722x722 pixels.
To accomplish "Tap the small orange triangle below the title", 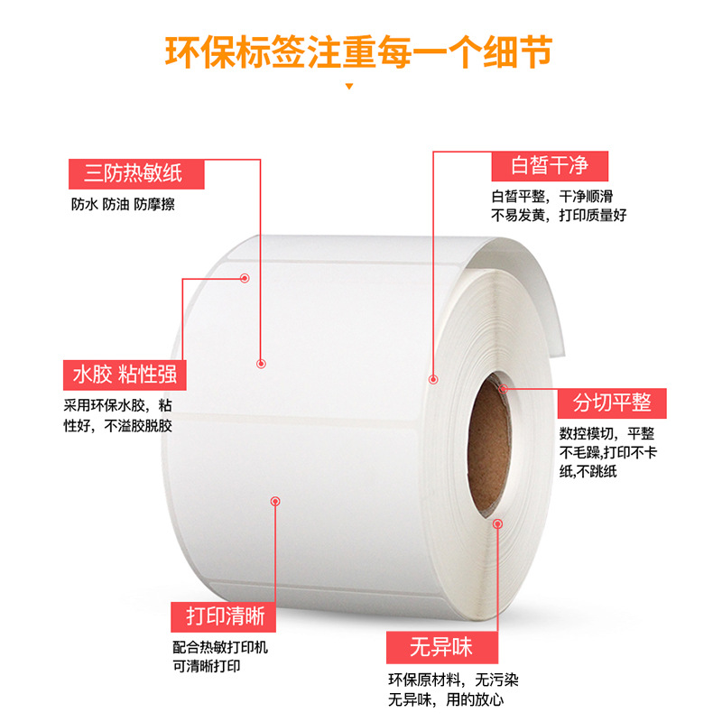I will [x=350, y=87].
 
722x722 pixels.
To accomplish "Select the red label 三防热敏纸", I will [x=125, y=172].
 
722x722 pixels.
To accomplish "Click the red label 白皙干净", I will [x=550, y=165].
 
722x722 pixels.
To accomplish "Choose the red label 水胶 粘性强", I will [x=125, y=373].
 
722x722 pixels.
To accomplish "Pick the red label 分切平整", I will [x=611, y=403].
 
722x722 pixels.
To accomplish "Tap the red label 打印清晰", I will [x=225, y=616].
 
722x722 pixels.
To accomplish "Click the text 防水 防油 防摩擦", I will [x=123, y=204].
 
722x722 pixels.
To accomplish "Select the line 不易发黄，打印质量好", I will [x=559, y=215].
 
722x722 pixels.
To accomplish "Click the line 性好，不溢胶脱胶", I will [x=117, y=425].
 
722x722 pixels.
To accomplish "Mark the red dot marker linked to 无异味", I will [x=497, y=523].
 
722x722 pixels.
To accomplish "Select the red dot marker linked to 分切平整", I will [x=504, y=388].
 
